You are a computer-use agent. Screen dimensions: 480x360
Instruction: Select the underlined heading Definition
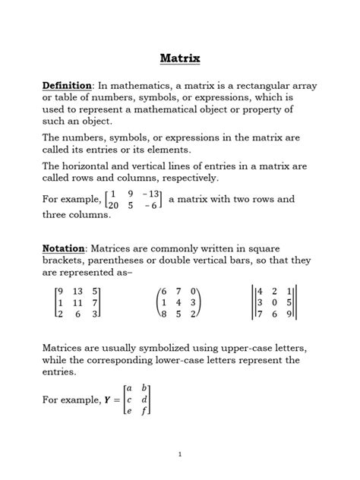coord(66,85)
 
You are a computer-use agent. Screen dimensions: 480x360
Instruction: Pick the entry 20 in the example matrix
coord(113,205)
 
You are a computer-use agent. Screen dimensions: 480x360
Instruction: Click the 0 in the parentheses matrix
coord(194,290)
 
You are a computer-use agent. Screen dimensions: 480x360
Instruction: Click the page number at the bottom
coord(179,453)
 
